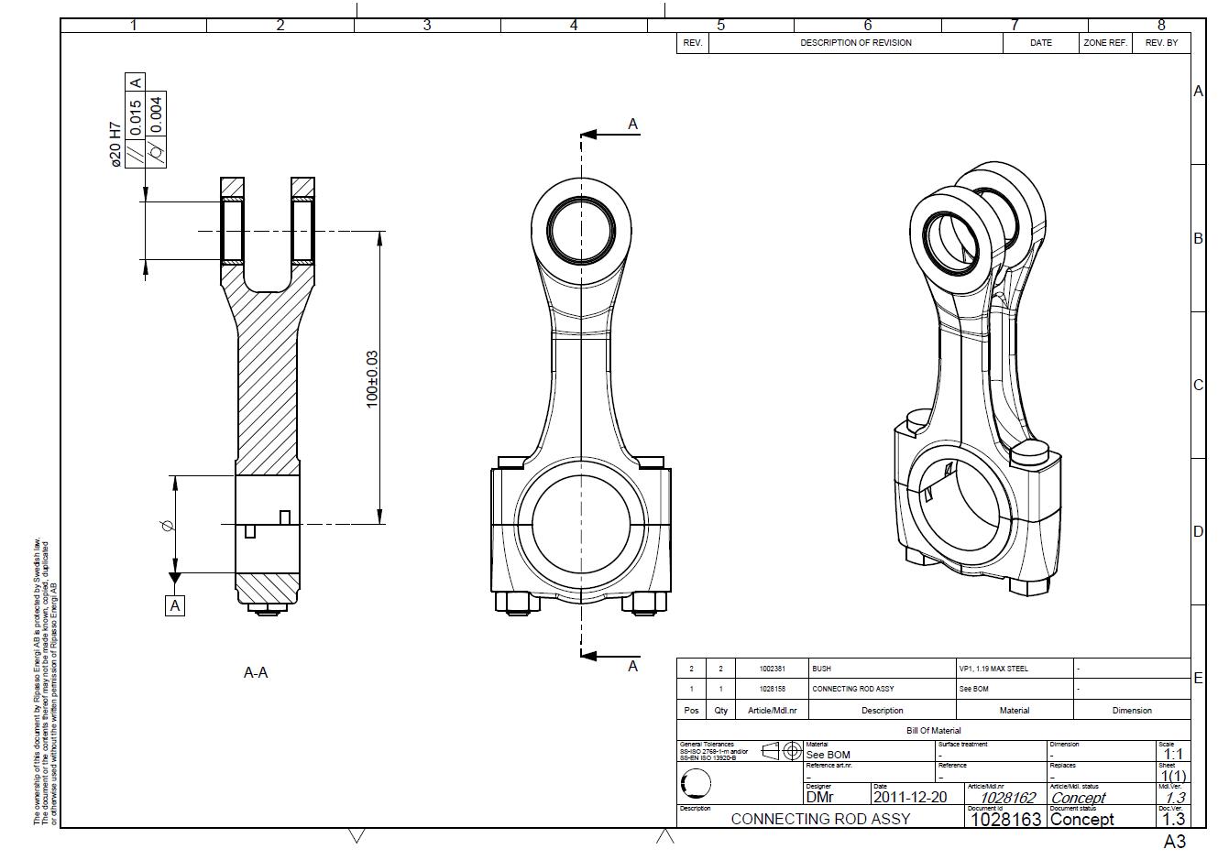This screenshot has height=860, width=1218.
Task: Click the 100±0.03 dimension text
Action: pyautogui.click(x=372, y=378)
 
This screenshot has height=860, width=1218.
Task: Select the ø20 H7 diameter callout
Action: pyautogui.click(x=115, y=144)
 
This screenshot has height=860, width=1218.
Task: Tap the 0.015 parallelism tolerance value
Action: pyautogui.click(x=136, y=119)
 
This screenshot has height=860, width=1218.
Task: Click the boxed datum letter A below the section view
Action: pyautogui.click(x=174, y=605)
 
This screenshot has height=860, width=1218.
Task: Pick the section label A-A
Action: pyautogui.click(x=256, y=673)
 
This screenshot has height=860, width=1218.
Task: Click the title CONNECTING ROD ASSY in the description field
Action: pyautogui.click(x=820, y=819)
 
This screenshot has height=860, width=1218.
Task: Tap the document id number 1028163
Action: pyautogui.click(x=1005, y=820)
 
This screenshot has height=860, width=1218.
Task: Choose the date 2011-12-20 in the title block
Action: pyautogui.click(x=910, y=797)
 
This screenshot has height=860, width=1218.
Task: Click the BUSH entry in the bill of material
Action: pyautogui.click(x=821, y=669)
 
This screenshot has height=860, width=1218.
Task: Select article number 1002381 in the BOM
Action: pyautogui.click(x=773, y=669)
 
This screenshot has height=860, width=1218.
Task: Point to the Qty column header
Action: pyautogui.click(x=721, y=711)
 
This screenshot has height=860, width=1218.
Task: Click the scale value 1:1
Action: pyautogui.click(x=1173, y=755)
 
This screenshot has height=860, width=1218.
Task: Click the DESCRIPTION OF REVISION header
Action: pyautogui.click(x=855, y=43)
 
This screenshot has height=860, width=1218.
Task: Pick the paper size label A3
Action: pyautogui.click(x=1174, y=842)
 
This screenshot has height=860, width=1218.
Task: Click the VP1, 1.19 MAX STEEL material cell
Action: pyautogui.click(x=993, y=669)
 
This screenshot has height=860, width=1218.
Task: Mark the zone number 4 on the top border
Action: pyautogui.click(x=574, y=26)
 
